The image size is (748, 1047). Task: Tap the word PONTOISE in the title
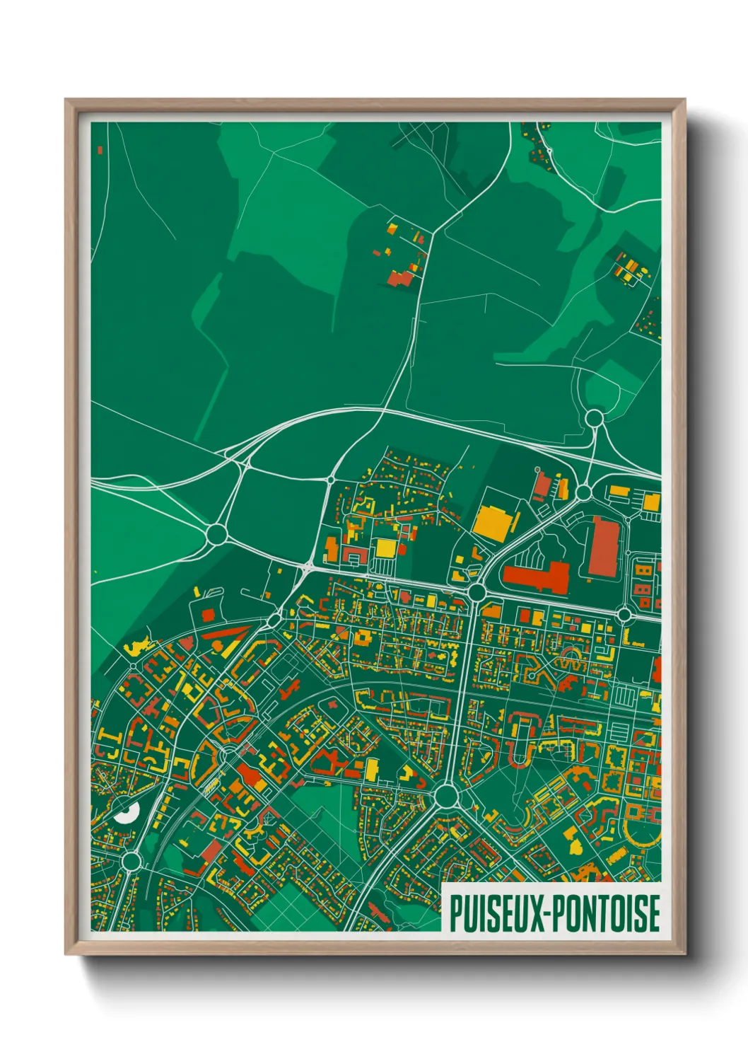coord(605,913)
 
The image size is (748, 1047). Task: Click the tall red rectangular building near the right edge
coord(603,546)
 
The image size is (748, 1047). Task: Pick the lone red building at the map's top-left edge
coord(100,150)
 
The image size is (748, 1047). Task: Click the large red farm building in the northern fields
coord(400,277)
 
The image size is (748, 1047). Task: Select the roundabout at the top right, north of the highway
coord(595,418)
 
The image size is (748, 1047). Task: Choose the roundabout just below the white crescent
coord(131,861)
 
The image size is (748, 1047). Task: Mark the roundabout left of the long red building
coord(477,591)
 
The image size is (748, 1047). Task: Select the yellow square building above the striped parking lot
coord(385,548)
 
